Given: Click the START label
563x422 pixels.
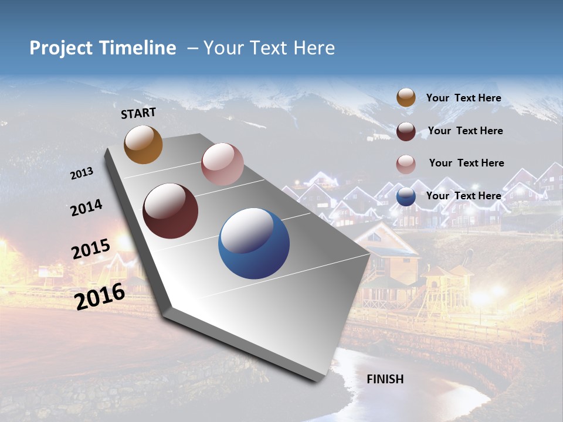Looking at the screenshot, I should [x=138, y=113].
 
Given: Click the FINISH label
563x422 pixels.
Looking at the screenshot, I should [x=385, y=379].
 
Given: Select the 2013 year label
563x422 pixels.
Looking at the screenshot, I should [x=82, y=173].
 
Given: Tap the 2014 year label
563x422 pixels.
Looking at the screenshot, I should [x=86, y=207].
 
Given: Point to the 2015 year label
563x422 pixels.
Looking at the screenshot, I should [x=91, y=249].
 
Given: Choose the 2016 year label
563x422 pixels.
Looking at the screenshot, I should [x=100, y=296].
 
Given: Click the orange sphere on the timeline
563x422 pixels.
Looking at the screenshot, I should [x=143, y=144].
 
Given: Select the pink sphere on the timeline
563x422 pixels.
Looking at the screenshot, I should [x=222, y=164].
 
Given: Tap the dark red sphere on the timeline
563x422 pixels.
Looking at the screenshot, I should [x=171, y=211].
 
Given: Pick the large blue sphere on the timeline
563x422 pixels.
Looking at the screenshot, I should [x=254, y=243].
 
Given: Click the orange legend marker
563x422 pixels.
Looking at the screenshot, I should [x=406, y=98].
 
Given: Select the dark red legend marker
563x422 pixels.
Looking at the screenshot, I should [x=406, y=131].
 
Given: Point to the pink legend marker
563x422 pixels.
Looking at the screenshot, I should [x=406, y=164].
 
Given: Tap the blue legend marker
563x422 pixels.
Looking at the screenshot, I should [x=406, y=197].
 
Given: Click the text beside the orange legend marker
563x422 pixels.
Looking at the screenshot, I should [x=463, y=98].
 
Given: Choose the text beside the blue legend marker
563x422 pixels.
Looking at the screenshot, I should [x=463, y=196].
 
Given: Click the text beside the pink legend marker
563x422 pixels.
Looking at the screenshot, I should [x=466, y=163].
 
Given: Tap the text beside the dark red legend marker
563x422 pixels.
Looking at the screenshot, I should [x=465, y=131].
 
